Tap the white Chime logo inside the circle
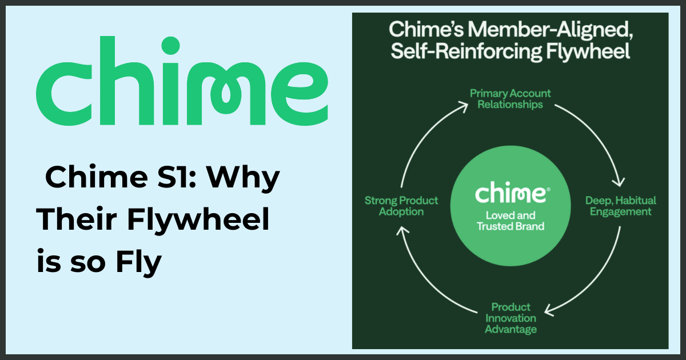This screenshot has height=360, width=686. point(510,193)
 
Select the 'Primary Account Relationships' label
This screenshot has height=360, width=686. point(510,98)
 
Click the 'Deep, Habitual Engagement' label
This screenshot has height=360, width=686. point(621,206)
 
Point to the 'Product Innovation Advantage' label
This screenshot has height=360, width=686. point(510,318)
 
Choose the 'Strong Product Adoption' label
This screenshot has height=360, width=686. point(401,206)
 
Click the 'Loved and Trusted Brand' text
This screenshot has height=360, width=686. point(510,221)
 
